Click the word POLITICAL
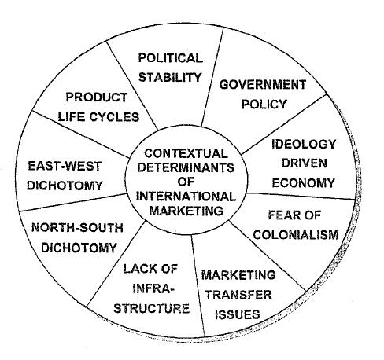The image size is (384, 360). coord(171,58)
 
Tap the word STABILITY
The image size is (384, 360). coord(170,77)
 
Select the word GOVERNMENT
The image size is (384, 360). coord(263,85)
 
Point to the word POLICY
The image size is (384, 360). coord(264,105)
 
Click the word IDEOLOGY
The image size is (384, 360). coord(304,144)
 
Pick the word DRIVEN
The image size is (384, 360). coord(305,163)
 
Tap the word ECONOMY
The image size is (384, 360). coord(304,182)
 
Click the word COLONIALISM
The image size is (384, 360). coord(296,235)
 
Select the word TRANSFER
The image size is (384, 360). coord(238,295)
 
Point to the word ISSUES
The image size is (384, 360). coord(238,314)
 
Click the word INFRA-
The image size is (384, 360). coord(153,288)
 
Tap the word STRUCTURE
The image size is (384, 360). coord(151,308)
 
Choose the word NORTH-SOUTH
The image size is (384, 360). coord(77,228)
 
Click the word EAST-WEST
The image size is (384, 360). coord(65,166)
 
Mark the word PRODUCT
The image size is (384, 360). coord(97,97)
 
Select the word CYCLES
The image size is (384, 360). coord(114,117)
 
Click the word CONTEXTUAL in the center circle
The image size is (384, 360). coord(186,153)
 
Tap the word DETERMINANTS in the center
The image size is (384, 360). coord(186,167)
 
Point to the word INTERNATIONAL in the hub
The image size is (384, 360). coord(186,197)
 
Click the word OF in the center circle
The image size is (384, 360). coord(186,182)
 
